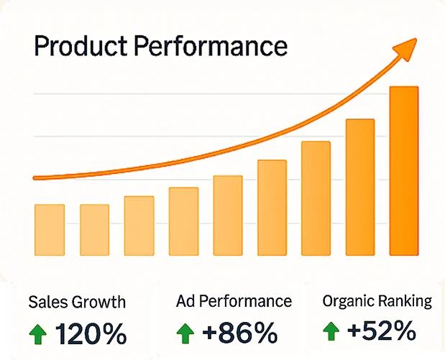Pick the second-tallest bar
pyautogui.click(x=360, y=187)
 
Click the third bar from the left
pyautogui.click(x=139, y=226)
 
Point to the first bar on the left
pyautogui.click(x=50, y=230)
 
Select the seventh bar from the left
pyautogui.click(x=316, y=198)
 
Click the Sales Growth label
pyautogui.click(x=77, y=302)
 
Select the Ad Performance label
pyautogui.click(x=234, y=301)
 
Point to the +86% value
pyautogui.click(x=239, y=333)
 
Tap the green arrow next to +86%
pyautogui.click(x=185, y=333)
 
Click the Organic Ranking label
pyautogui.click(x=377, y=301)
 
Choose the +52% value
pyautogui.click(x=381, y=331)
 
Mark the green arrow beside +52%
pyautogui.click(x=331, y=331)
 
